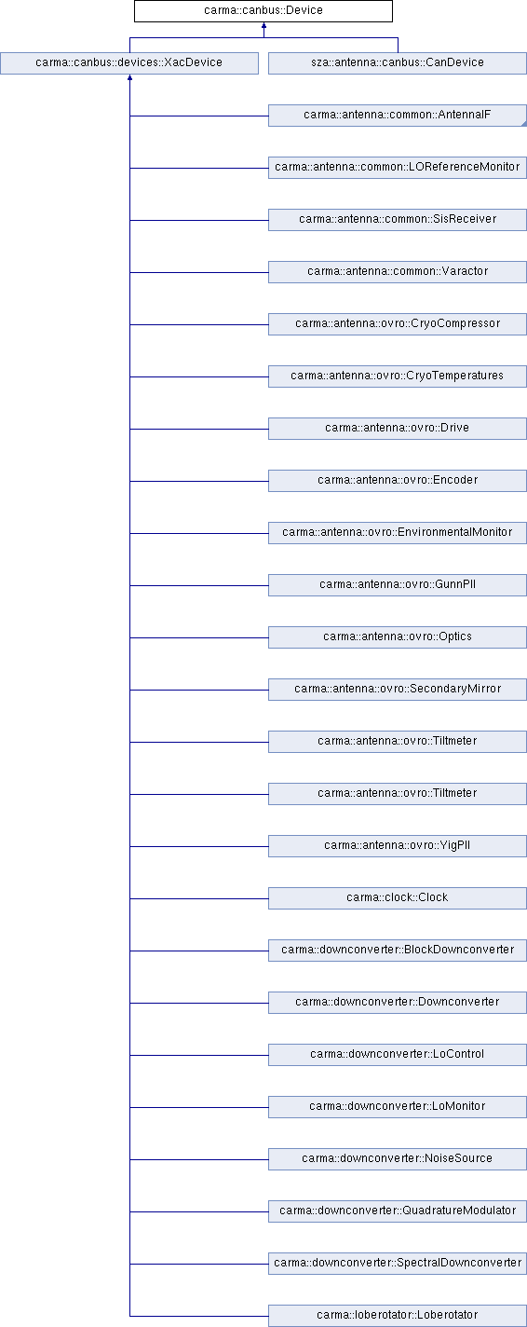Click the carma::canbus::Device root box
263,10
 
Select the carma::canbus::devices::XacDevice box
129,62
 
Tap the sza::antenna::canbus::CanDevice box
398,62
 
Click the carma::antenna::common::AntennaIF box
398,115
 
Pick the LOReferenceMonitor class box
398,167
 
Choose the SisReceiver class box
398,219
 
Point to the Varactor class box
398,271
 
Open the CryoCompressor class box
398,323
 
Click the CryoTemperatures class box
398,376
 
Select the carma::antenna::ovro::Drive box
398,428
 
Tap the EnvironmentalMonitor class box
398,532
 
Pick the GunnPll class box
398,584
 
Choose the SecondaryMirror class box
398,689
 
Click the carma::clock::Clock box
398,896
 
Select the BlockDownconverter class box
398,949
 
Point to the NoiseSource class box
398,1157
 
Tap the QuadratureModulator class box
398,1210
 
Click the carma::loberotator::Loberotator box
398,1314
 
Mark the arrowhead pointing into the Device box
263,25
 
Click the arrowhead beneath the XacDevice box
129,77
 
